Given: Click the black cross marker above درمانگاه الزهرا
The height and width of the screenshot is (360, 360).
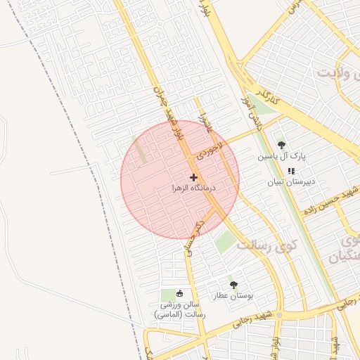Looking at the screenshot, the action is pos(194,176).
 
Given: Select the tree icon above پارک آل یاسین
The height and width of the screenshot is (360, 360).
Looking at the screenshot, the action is pos(282,145).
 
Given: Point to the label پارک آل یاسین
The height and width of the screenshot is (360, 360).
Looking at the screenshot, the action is pos(281,156).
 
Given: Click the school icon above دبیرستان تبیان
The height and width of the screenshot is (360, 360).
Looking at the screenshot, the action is pos(291,171).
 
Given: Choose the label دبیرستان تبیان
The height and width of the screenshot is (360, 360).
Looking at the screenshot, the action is pos(290,182).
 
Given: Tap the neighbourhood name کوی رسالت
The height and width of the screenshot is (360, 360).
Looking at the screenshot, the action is pos(266,245).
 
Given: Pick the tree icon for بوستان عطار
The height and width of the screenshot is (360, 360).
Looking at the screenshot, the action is pos(233,285).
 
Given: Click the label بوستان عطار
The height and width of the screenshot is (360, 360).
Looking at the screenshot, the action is pos(233,297).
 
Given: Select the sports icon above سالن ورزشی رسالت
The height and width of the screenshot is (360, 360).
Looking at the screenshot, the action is pos(179,293).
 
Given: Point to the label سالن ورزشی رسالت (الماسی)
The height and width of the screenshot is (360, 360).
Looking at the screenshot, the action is pos(180,310).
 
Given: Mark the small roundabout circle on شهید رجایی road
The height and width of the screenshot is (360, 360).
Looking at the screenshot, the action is pos(279,314).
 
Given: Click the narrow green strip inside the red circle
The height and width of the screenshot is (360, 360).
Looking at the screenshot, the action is pos(141,153).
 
